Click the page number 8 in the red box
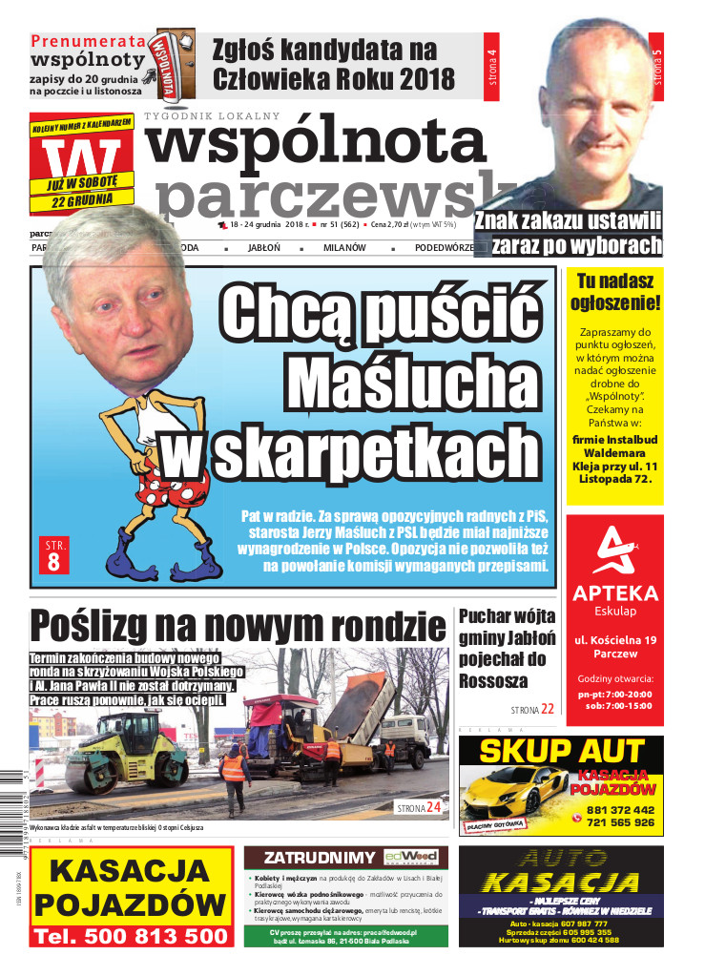[x=52, y=562]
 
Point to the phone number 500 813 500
[x=131, y=937]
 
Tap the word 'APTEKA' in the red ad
[x=614, y=593]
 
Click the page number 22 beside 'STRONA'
[x=547, y=710]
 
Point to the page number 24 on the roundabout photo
[x=433, y=807]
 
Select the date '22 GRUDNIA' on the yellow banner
[x=83, y=198]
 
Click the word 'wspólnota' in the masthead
[x=315, y=143]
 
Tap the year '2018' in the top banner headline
[x=419, y=78]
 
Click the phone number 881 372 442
[x=619, y=808]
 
